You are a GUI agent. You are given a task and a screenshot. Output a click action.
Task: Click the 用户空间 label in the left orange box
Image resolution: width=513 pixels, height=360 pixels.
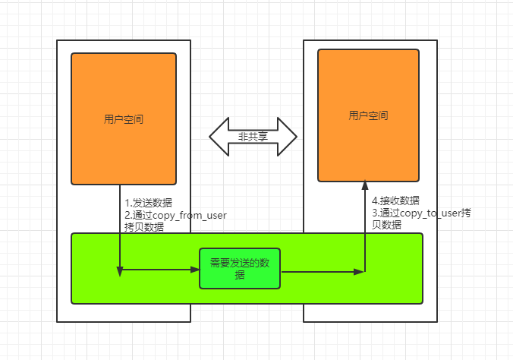pos(124,119)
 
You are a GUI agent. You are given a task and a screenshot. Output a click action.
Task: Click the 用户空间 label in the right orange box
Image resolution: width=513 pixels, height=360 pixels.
pos(369,115)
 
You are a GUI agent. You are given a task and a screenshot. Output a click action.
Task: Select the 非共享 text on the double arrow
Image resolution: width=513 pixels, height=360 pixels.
pos(253,137)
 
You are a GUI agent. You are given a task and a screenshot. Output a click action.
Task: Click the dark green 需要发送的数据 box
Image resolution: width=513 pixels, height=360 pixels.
pos(240,269)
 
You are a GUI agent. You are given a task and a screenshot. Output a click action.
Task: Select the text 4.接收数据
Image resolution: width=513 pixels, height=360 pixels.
pos(395,201)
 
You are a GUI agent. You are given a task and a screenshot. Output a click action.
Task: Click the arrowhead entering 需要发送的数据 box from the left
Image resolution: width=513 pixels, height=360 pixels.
pos(194,269)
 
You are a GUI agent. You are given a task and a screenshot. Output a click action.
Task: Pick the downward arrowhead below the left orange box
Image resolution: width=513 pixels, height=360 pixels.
pos(120,270)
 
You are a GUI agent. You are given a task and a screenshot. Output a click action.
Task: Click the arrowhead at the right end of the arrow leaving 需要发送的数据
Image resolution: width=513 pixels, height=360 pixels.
pos(361,270)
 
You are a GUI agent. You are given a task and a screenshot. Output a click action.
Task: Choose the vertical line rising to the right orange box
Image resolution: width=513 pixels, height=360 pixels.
pos(366,228)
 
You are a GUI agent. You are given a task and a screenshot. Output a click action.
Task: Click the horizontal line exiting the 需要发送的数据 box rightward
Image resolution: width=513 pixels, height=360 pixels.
pos(319,270)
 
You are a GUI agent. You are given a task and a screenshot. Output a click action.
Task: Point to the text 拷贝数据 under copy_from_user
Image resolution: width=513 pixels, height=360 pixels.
pos(144,227)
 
